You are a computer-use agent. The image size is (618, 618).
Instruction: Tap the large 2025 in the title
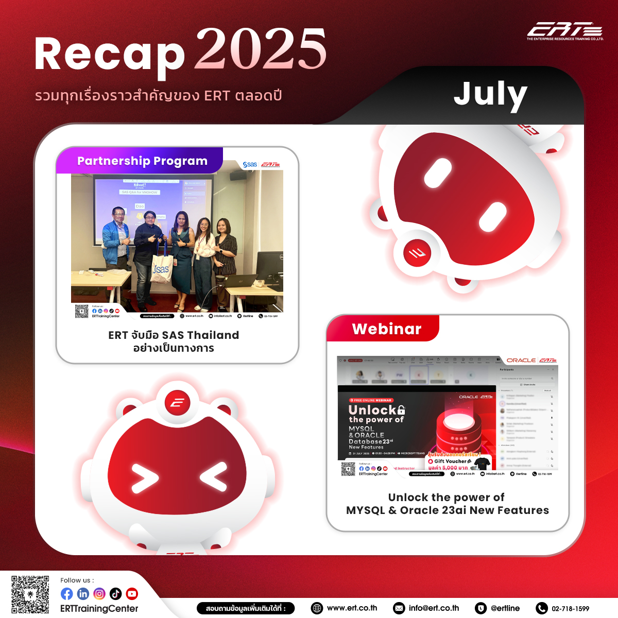click(x=261, y=49)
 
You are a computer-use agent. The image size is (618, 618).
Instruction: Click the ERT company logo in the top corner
click(x=565, y=31)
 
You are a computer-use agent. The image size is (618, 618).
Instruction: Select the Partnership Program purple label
click(x=142, y=161)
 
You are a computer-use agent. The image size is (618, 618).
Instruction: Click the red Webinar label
click(x=386, y=329)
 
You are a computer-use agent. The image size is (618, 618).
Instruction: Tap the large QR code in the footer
click(x=30, y=594)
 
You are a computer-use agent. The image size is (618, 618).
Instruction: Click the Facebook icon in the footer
click(x=67, y=594)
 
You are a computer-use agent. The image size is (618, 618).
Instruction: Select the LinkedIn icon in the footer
click(x=83, y=594)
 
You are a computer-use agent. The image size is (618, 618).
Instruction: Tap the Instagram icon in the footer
click(x=99, y=594)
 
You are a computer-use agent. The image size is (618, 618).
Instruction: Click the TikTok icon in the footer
click(x=115, y=594)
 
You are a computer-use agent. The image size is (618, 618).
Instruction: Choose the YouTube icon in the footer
click(x=132, y=594)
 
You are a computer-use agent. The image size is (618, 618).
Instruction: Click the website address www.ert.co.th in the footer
click(x=352, y=608)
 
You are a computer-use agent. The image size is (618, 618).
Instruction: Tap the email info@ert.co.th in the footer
click(x=434, y=608)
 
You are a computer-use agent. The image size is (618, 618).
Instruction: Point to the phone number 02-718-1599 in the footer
click(x=570, y=608)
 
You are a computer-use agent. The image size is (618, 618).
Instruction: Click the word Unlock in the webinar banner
click(x=372, y=410)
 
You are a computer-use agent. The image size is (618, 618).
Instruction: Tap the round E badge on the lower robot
click(x=177, y=403)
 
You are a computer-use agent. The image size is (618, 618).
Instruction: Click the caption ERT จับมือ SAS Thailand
click(x=174, y=335)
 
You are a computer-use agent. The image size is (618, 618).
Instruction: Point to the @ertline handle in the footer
click(x=505, y=608)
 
